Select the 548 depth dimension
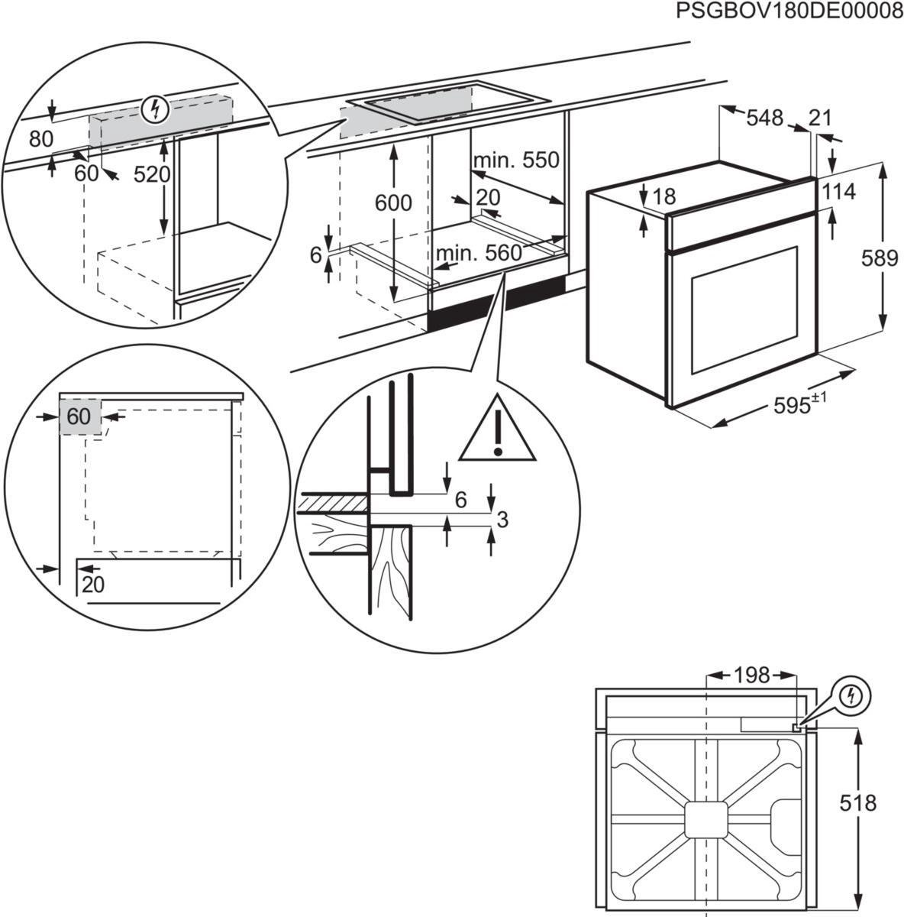click(764, 118)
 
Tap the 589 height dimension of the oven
click(880, 258)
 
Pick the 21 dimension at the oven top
click(819, 118)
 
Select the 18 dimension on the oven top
click(664, 196)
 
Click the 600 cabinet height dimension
click(393, 203)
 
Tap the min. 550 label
click(516, 160)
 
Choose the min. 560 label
click(479, 254)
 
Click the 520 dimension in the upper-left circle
click(152, 174)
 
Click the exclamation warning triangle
click(497, 432)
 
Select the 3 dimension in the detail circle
click(502, 520)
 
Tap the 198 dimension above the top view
click(751, 675)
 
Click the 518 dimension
click(857, 803)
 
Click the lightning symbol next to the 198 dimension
click(852, 695)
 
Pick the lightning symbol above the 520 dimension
click(156, 110)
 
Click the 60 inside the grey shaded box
click(79, 416)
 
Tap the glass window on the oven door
click(744, 309)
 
